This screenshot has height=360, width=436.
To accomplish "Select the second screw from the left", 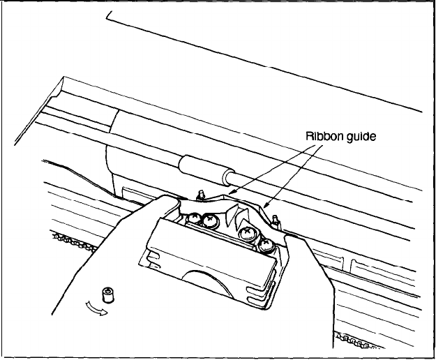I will (207, 221).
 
